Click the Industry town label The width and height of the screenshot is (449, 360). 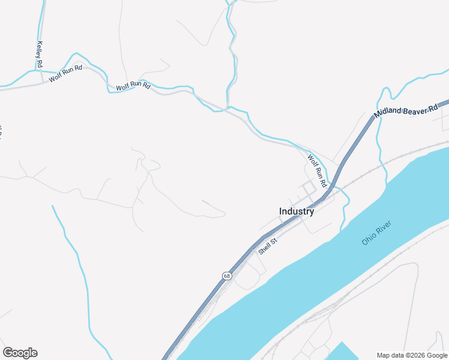point(297,211)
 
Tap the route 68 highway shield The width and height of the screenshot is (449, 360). point(226,276)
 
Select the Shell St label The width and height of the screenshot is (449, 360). point(267,247)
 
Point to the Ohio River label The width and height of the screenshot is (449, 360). point(376,233)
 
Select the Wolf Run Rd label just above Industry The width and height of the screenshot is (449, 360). point(317,170)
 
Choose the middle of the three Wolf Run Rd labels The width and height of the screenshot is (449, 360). point(133,86)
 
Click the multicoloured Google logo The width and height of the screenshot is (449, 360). point(20,353)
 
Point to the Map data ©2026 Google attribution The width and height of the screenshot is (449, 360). point(412,355)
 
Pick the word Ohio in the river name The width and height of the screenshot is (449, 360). point(368,238)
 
